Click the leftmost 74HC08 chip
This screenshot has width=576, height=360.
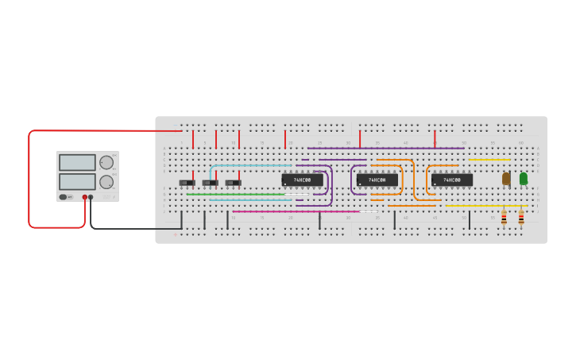tap(302, 180)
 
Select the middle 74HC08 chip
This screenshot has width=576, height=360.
tap(377, 180)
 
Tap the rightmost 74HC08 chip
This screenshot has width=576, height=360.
tap(451, 180)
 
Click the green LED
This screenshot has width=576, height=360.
tap(523, 179)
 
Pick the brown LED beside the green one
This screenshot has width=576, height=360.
tap(506, 179)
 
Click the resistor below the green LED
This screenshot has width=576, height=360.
tap(521, 216)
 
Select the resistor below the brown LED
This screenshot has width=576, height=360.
tap(504, 216)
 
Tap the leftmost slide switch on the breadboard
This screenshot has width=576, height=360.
tap(187, 183)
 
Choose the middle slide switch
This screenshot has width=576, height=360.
tap(210, 183)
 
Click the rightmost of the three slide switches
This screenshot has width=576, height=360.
tap(233, 183)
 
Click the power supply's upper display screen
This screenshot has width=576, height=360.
tap(77, 163)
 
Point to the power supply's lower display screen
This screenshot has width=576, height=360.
tap(77, 181)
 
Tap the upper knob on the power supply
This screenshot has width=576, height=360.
tap(106, 163)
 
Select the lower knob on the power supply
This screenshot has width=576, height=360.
tap(106, 182)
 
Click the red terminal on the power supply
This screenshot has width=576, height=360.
tap(84, 197)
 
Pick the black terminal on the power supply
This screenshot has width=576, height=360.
tap(91, 197)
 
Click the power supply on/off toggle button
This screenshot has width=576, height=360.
tap(63, 197)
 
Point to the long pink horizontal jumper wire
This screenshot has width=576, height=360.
tap(294, 211)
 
